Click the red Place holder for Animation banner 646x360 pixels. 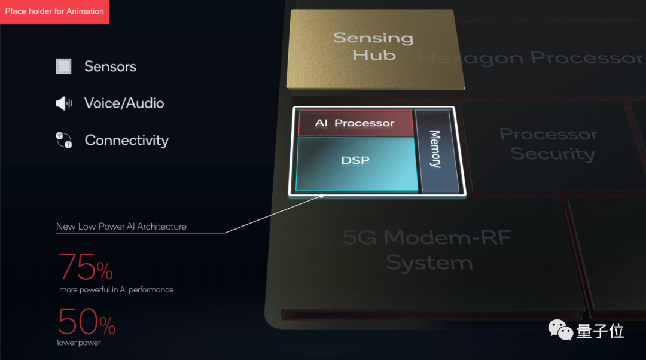[x=54, y=11]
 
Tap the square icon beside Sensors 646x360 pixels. [x=63, y=66]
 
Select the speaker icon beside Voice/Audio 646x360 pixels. [x=63, y=103]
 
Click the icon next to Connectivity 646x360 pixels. [x=63, y=140]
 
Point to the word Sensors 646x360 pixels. [x=110, y=66]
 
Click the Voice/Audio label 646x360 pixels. [x=124, y=103]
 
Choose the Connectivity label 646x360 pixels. [x=126, y=141]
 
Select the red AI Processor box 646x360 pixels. [x=355, y=123]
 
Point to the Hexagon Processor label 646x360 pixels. [x=530, y=58]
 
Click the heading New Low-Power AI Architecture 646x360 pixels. [x=121, y=227]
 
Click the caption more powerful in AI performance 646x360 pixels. [x=116, y=289]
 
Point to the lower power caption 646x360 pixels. [x=78, y=343]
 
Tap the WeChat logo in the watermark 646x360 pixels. [x=560, y=331]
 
